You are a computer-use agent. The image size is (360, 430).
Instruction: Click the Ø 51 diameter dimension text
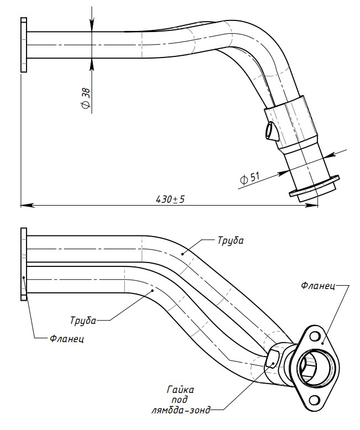coord(250,178)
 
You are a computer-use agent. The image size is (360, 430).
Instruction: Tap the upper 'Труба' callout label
coord(230,241)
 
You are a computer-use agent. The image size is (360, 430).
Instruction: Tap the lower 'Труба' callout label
coord(83,320)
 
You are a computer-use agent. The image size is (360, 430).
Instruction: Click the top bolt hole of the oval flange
coord(314,336)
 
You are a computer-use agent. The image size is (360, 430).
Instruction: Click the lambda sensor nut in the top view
coord(271,131)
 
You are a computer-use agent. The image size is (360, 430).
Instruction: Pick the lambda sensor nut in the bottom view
coord(272,359)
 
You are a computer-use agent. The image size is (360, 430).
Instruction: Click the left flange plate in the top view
coord(24,45)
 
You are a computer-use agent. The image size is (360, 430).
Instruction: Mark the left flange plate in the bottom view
coord(24,264)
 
